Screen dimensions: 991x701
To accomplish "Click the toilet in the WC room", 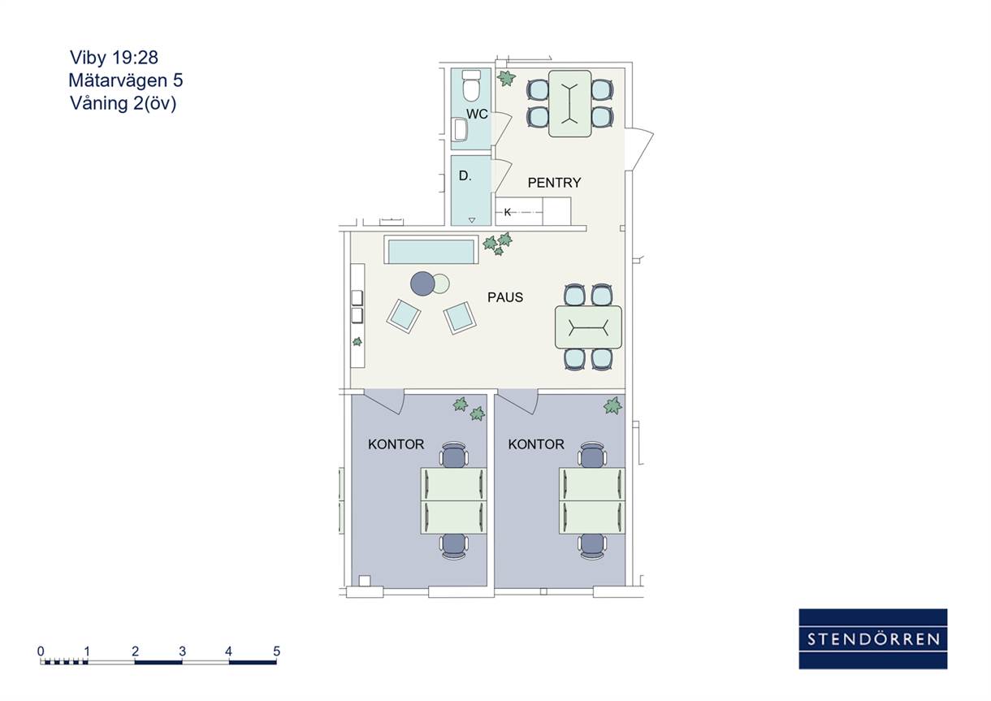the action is click(x=471, y=85).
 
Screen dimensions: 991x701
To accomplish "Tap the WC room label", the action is click(x=477, y=114).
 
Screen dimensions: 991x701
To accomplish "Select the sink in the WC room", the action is click(x=461, y=129).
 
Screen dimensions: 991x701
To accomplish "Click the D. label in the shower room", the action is click(x=465, y=176).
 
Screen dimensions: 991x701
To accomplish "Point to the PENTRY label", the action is click(x=554, y=183).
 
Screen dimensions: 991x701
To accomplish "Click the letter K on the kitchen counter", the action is click(x=508, y=212).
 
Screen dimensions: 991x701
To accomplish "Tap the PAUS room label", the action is click(x=505, y=297).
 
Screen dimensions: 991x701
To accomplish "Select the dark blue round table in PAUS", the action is click(x=422, y=283).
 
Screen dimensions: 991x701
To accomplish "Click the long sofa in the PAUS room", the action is click(x=431, y=250).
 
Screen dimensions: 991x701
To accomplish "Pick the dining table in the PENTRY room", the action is click(x=570, y=103).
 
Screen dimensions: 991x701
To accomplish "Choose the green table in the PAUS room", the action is click(x=588, y=327).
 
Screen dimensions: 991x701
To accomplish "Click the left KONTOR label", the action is click(x=396, y=444).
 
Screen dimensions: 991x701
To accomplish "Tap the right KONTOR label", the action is click(x=536, y=444).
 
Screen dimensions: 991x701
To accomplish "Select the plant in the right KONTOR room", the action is click(x=612, y=405).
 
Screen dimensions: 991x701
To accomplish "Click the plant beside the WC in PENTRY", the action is click(x=506, y=78).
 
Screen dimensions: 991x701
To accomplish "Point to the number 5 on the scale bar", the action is click(x=276, y=651).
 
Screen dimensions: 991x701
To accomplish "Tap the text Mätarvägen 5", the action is click(x=126, y=80).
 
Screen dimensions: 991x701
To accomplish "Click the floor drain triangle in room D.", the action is click(x=472, y=220).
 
